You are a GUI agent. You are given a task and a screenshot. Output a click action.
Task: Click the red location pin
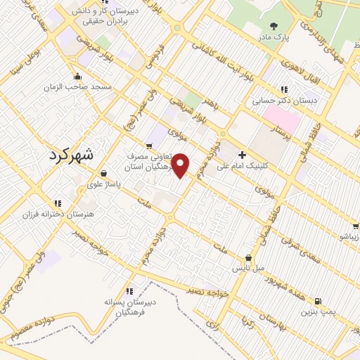[x=182, y=165]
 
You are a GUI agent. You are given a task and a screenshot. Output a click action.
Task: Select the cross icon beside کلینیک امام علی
[x=243, y=155]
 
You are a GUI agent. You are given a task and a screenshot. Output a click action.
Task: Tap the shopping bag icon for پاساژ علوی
[x=104, y=173]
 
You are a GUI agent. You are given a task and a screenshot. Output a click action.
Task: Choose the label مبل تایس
[x=249, y=269]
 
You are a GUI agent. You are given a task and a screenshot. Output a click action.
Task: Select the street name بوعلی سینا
[x=27, y=59]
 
